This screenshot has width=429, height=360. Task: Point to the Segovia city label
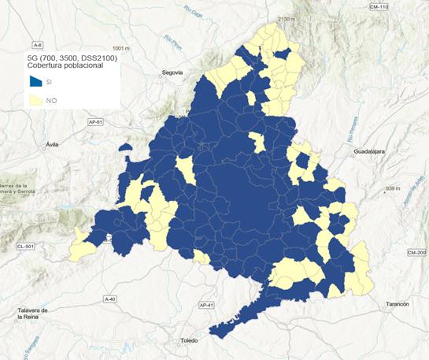(172, 72)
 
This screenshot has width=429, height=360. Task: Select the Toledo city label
(190, 340)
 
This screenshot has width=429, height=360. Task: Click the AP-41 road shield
(207, 305)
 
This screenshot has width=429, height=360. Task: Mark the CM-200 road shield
(416, 252)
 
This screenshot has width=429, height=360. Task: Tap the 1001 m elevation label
(120, 48)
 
